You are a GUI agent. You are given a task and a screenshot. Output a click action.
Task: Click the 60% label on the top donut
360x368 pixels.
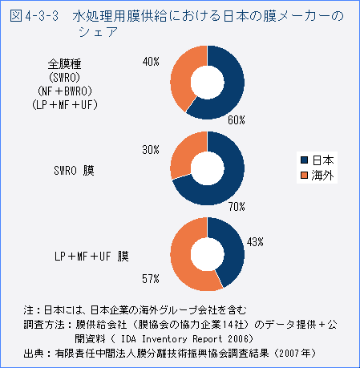(x=236, y=120)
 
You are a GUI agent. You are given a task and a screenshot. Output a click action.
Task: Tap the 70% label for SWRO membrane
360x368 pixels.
(x=237, y=206)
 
